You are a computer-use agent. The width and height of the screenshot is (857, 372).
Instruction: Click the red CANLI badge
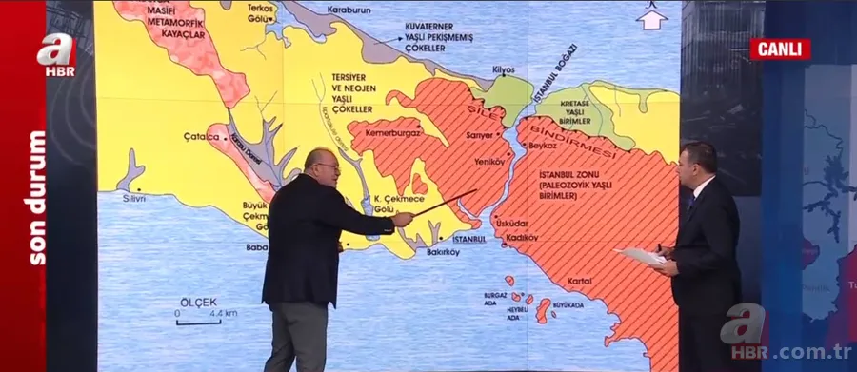779,49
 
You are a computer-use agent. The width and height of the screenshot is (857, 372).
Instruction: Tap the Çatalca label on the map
202,137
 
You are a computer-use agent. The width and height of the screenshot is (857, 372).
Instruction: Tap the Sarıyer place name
478,135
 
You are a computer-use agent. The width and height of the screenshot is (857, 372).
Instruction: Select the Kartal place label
578,282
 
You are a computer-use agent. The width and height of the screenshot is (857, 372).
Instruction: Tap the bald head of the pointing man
323,164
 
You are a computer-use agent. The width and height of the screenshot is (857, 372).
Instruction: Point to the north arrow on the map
651,16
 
